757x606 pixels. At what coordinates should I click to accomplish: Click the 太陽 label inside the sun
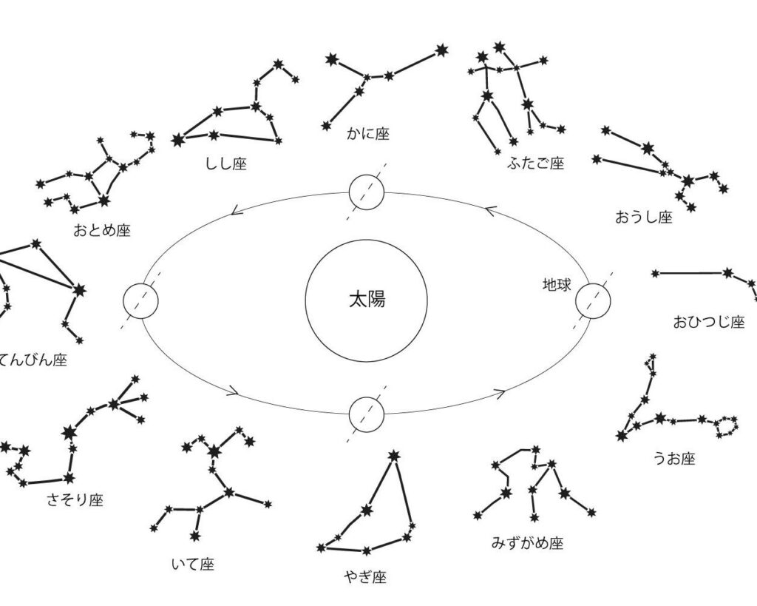tap(367, 300)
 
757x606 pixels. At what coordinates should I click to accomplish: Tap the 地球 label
tap(557, 285)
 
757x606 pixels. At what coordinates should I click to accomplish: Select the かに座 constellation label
tap(367, 134)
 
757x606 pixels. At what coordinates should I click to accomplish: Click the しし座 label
tap(225, 164)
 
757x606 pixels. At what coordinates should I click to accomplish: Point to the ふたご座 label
tap(535, 164)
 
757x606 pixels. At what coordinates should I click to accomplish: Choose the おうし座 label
tap(643, 217)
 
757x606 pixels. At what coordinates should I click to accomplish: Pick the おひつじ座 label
tap(708, 322)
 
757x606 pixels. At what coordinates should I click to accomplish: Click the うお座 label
tap(673, 459)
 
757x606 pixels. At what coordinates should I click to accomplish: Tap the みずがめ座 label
tap(527, 543)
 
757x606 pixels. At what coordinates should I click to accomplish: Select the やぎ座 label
tap(364, 576)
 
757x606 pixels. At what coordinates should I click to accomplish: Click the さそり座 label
tap(75, 500)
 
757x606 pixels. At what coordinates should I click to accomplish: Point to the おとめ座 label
tap(101, 230)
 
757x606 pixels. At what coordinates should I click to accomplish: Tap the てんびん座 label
tap(33, 360)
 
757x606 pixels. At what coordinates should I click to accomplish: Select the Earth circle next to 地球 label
tap(594, 301)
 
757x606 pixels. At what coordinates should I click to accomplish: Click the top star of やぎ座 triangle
tap(393, 455)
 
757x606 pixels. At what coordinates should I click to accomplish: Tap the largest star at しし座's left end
tap(178, 138)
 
